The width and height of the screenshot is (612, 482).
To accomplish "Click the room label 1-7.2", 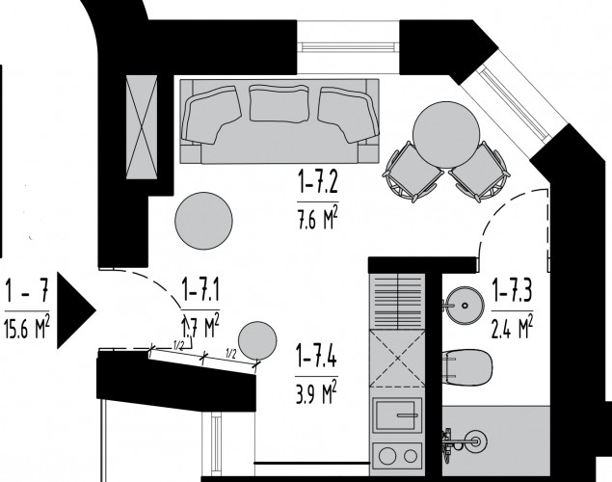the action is click(x=318, y=184).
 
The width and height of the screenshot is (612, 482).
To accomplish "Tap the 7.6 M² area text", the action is click(x=317, y=220).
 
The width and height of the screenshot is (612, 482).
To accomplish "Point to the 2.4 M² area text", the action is click(x=512, y=328).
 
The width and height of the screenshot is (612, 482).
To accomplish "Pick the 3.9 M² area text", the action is click(x=316, y=394).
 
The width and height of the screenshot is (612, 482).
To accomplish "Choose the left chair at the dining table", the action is click(x=412, y=172).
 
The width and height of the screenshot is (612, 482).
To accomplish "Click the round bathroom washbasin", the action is click(x=465, y=306).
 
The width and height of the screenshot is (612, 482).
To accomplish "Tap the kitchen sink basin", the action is click(x=397, y=415).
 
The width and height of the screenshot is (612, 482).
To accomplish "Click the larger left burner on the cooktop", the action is click(x=388, y=455).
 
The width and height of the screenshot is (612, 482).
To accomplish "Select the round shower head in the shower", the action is click(x=477, y=441).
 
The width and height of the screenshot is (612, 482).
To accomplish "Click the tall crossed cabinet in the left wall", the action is click(x=142, y=127).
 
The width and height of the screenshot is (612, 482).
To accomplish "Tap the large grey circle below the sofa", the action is click(x=203, y=221).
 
